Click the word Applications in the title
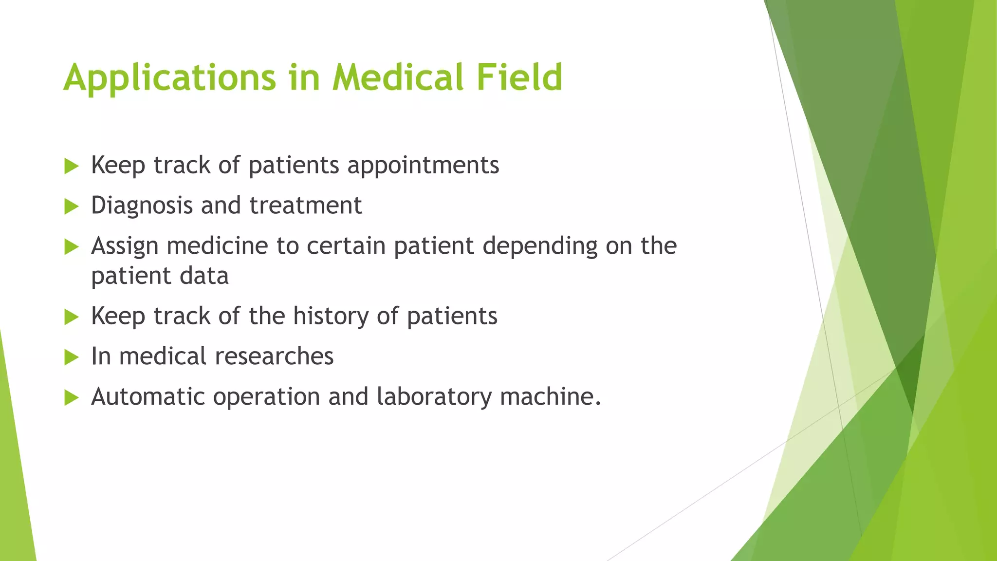[169, 78]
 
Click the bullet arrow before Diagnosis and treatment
[71, 207]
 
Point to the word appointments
[423, 166]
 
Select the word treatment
[306, 206]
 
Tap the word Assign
[125, 246]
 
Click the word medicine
[217, 245]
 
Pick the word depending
[539, 246]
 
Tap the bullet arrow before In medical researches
[71, 357]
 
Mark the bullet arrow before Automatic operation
[71, 398]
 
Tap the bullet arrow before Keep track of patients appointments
[71, 167]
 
